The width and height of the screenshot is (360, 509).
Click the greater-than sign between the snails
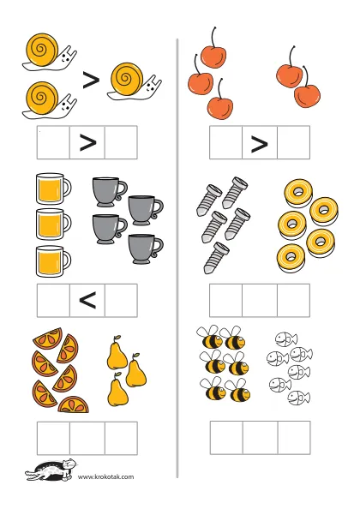click(91, 81)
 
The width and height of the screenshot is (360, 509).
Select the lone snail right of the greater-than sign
click(135, 81)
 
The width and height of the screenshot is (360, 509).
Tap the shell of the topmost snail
click(41, 48)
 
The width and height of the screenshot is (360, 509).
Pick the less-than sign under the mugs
click(87, 300)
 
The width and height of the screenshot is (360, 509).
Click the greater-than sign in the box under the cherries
click(260, 144)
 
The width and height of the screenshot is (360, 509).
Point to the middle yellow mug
click(53, 225)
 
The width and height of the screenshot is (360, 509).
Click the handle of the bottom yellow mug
click(67, 260)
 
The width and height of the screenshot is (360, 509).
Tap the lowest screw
click(216, 258)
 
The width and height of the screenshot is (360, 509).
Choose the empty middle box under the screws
click(260, 300)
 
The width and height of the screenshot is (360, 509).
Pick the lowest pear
click(117, 389)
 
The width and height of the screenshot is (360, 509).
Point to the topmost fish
click(286, 339)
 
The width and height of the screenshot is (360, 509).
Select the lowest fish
click(298, 398)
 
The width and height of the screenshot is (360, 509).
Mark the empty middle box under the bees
click(260, 438)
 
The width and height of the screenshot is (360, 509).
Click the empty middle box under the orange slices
click(87, 438)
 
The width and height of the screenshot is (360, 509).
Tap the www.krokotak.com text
click(105, 476)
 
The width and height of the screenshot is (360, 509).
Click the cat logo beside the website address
click(51, 470)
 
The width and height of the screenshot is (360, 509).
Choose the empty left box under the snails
click(53, 142)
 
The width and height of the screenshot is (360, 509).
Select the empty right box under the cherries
click(293, 142)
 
